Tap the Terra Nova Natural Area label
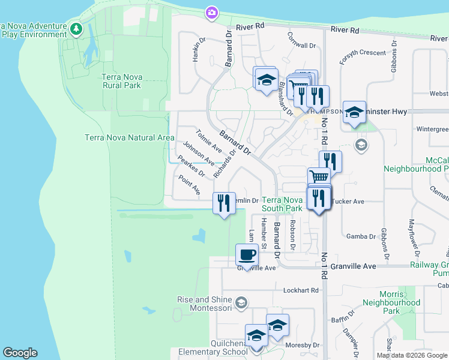tap(129, 137)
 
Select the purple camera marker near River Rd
tap(211, 12)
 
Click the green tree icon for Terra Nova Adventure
tap(76, 28)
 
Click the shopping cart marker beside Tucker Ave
tap(319, 177)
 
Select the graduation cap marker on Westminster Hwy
tap(354, 112)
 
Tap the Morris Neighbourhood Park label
tap(391, 307)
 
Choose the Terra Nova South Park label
tap(282, 204)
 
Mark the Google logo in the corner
tap(20, 353)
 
